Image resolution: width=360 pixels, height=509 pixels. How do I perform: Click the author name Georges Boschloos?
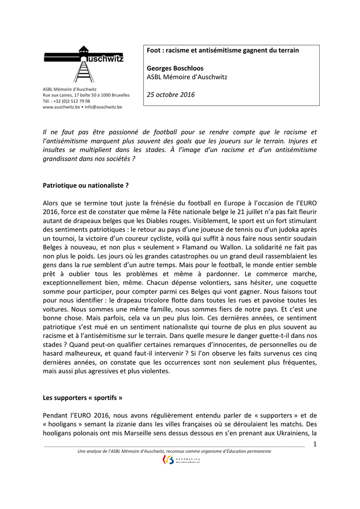pos(175,68)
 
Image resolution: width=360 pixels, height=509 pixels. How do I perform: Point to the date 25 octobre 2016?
pos(171,94)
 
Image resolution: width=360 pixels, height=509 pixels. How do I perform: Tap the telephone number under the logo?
pos(67,101)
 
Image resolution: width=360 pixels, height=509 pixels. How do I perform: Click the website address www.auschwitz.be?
pos(61,107)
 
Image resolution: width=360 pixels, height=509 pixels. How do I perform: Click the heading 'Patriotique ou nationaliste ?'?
pos(86,185)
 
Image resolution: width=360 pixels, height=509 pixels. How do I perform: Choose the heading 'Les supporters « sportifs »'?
pos(82,398)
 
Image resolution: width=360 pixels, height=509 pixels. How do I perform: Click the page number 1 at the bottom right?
pos(314,444)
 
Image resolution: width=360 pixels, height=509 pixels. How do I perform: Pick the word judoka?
pos(288,230)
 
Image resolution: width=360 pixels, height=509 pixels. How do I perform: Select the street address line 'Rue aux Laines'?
pos(86,95)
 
